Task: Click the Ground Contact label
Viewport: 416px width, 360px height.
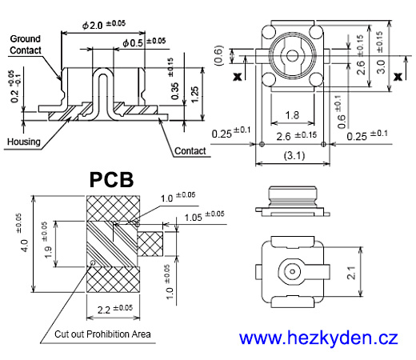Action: pyautogui.click(x=25, y=44)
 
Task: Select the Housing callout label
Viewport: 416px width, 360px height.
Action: pyautogui.click(x=23, y=142)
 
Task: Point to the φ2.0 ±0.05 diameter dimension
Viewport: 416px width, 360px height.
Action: pyautogui.click(x=104, y=26)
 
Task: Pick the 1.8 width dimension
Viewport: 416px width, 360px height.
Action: pyautogui.click(x=294, y=116)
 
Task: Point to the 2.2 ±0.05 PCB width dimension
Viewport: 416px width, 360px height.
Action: pyautogui.click(x=111, y=308)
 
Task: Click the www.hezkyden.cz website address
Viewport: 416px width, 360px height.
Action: pyautogui.click(x=318, y=338)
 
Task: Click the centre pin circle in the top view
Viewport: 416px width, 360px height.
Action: pyautogui.click(x=294, y=58)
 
